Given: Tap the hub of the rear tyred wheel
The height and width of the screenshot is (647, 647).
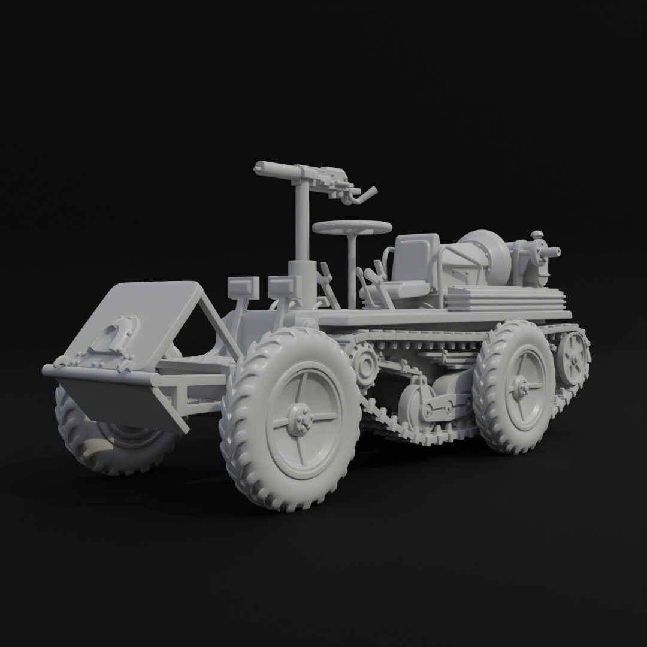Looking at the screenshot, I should point(519,388).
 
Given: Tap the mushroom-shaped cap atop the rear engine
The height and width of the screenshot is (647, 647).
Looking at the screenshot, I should point(537,235).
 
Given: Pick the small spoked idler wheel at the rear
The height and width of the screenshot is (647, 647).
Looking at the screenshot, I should point(573,358).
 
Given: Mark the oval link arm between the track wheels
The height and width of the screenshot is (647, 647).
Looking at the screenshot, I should point(443,408).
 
